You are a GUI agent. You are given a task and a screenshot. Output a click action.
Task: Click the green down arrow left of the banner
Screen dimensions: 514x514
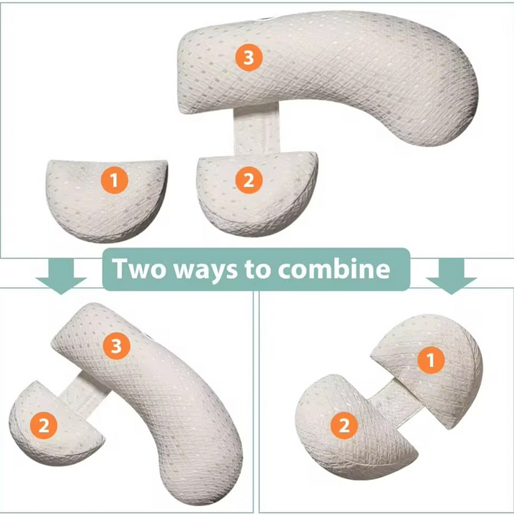61,275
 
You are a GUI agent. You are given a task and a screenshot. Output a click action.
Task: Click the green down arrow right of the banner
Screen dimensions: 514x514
451,275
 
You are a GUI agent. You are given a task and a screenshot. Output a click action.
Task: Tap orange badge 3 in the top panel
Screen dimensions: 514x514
248,58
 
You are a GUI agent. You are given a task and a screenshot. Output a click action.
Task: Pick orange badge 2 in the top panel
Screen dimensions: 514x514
248,181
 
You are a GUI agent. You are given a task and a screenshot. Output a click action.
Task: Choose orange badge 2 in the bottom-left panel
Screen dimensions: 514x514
44,426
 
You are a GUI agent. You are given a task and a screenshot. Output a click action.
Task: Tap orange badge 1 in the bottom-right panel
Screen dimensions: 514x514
430,360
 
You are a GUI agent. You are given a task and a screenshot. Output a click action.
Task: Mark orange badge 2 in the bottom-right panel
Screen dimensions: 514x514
344,426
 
